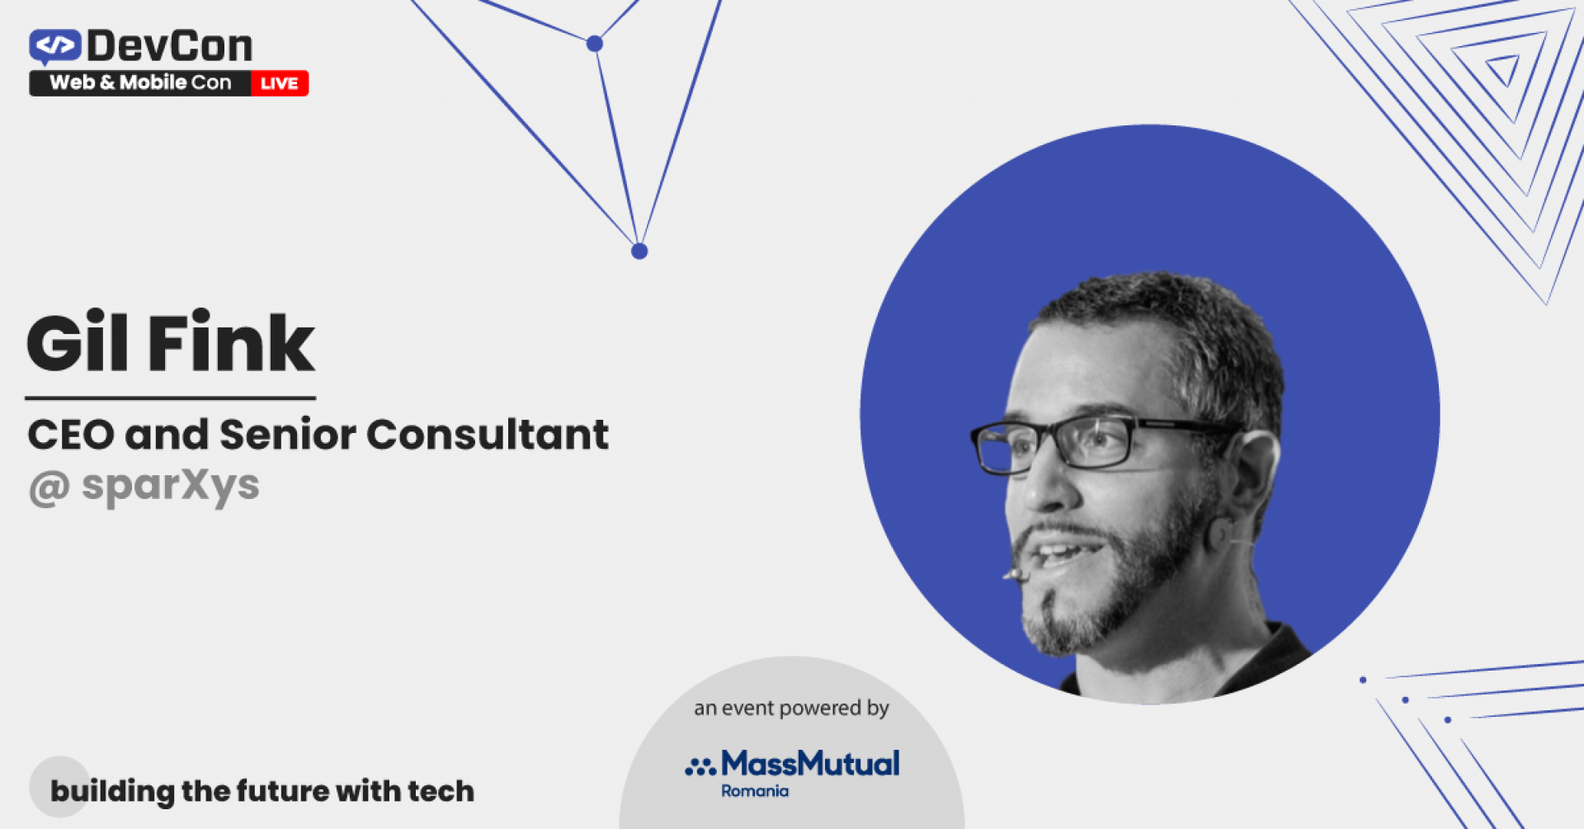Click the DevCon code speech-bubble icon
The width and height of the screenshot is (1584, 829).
[54, 46]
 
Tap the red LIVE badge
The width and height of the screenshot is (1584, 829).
[280, 83]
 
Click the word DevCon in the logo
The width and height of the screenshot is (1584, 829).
[170, 46]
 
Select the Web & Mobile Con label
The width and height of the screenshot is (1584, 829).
[140, 82]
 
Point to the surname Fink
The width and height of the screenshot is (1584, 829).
[231, 343]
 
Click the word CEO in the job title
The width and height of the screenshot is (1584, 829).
[70, 435]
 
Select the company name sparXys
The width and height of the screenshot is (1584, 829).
[171, 486]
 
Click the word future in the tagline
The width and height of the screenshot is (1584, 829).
[284, 791]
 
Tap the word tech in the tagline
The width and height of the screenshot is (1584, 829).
[441, 791]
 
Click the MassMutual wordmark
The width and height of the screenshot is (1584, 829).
[810, 764]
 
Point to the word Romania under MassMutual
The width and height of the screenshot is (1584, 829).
[755, 791]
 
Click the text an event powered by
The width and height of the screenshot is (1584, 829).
[791, 708]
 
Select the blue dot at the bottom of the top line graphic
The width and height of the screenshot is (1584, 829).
[639, 252]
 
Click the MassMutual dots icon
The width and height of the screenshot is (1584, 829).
[700, 767]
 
